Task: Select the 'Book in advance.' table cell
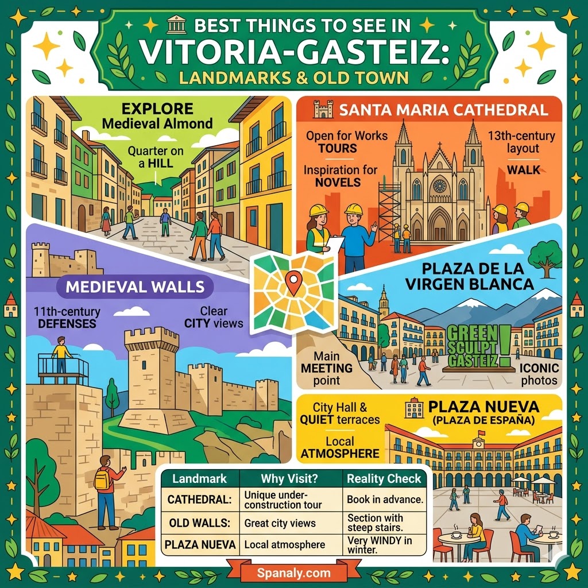tap(385, 500)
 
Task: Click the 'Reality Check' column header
tap(384, 478)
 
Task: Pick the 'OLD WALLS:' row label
tap(199, 523)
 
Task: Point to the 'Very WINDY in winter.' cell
tap(380, 545)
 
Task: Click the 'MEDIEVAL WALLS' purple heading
tap(135, 287)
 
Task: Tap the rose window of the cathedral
tap(439, 186)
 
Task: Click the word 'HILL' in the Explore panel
tap(160, 163)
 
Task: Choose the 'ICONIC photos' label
tap(538, 374)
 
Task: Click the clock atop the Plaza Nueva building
tap(478, 442)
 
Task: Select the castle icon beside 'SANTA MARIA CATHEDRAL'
tap(323, 109)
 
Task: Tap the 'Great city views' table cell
tap(280, 523)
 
